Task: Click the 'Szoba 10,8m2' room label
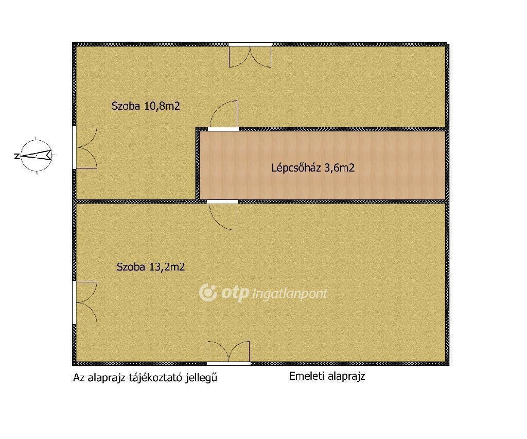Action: point(146,106)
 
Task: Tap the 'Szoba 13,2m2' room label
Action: point(151,267)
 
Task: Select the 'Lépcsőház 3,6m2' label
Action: point(313,167)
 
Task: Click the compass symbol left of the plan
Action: point(37,156)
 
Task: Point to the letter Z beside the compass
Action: point(16,156)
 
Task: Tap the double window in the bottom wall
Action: point(229,353)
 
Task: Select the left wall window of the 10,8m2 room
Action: point(85,147)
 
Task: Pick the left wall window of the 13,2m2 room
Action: point(85,303)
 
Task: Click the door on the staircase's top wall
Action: point(223,115)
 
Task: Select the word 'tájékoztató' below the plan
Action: point(155,378)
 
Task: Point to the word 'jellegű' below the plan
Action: point(201,378)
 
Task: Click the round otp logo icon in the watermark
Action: point(208,293)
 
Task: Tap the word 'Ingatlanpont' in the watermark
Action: point(289,294)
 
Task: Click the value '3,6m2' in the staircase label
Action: point(339,167)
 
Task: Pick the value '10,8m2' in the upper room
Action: point(162,106)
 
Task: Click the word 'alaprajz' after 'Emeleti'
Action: point(346,377)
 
